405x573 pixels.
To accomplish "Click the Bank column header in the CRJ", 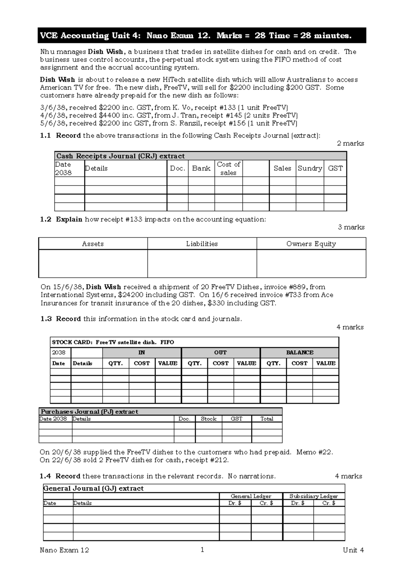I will [201, 168].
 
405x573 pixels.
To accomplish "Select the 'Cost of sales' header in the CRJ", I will [228, 168].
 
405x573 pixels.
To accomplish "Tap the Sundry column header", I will [309, 168].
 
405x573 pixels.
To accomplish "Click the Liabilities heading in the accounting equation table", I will [202, 244].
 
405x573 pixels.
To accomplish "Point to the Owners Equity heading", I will [311, 244].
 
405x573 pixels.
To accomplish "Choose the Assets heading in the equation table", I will [93, 244].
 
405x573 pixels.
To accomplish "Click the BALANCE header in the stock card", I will [300, 352].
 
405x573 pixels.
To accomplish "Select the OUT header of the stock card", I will [220, 352].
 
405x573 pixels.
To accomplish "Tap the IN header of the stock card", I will [141, 352].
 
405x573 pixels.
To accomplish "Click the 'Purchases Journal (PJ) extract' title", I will [89, 412].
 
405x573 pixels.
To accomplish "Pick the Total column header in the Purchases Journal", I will [267, 419].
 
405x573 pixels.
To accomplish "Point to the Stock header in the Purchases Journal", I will [208, 419].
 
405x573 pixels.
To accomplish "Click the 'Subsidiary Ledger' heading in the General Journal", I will [314, 496].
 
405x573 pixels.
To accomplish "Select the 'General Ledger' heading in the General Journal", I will [251, 496].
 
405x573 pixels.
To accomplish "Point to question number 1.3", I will [46, 319].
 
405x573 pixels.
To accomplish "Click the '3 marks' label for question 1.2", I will [351, 227].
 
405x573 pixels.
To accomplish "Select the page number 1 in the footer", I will [202, 550].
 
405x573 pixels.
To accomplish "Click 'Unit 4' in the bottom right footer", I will [353, 550].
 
